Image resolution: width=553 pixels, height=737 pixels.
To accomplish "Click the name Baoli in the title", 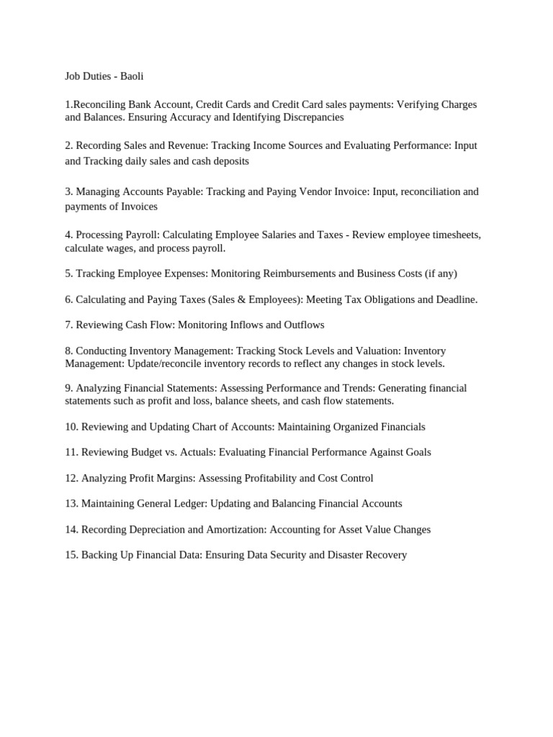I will [132, 76].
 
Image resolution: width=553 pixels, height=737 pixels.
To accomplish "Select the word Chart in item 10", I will [210, 427].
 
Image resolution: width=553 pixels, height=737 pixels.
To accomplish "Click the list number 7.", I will [68, 325].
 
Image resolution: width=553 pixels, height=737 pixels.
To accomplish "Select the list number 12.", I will [71, 478].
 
